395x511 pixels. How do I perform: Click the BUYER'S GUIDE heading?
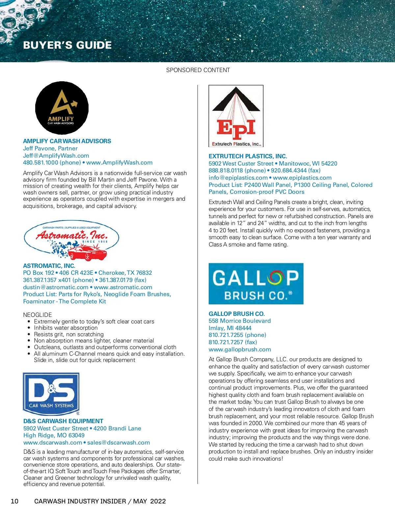pyautogui.click(x=67, y=45)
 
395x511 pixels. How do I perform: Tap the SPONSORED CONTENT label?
pyautogui.click(x=198, y=70)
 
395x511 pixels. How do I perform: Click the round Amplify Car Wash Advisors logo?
pyautogui.click(x=62, y=108)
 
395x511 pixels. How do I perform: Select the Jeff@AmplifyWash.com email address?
pyautogui.click(x=56, y=156)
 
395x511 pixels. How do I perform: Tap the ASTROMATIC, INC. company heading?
pyautogui.click(x=49, y=266)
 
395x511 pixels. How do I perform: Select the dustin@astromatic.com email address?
pyautogui.click(x=56, y=287)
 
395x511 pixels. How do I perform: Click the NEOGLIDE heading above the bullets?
pyautogui.click(x=38, y=315)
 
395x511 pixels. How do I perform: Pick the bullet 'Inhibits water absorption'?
pyautogui.click(x=66, y=328)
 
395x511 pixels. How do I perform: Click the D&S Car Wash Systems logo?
pyautogui.click(x=51, y=394)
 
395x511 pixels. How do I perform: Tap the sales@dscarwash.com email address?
pyautogui.click(x=118, y=443)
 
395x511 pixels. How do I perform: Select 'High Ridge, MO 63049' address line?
pyautogui.click(x=54, y=435)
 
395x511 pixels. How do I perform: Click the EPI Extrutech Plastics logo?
pyautogui.click(x=236, y=116)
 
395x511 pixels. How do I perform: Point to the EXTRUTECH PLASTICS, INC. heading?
pyautogui.click(x=248, y=156)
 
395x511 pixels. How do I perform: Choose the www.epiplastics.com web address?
pyautogui.click(x=302, y=178)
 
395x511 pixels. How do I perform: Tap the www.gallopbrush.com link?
pyautogui.click(x=240, y=349)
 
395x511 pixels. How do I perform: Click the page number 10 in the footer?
pyautogui.click(x=14, y=501)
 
